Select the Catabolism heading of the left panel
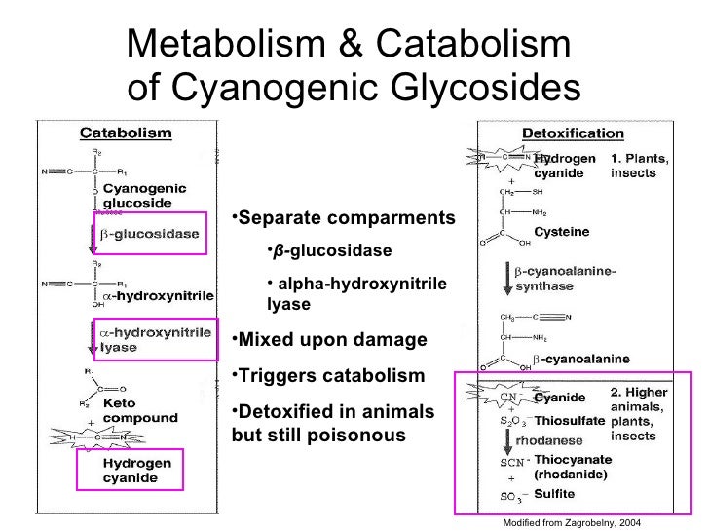(125, 133)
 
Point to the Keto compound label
(140, 410)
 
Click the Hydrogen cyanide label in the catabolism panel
(137, 471)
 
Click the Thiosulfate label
(570, 419)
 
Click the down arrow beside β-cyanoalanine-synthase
(506, 276)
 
